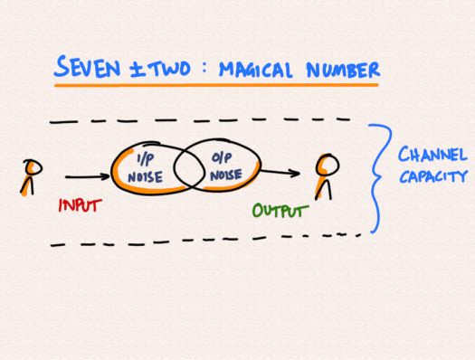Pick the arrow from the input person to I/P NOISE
(x=87, y=179)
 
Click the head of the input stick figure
(x=33, y=167)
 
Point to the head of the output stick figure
(x=327, y=165)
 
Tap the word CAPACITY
(x=433, y=177)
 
